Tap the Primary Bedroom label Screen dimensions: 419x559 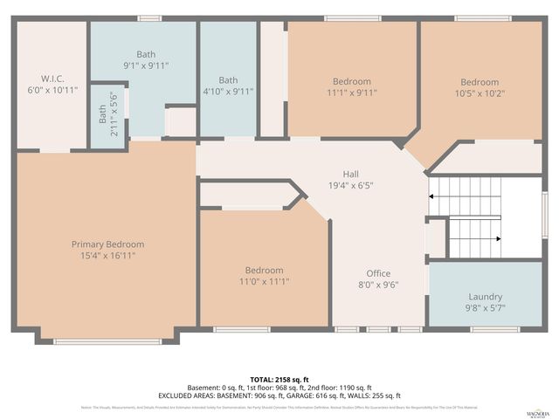107,244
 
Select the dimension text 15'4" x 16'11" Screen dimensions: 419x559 107,256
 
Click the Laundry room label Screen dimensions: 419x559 486,297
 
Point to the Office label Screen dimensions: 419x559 377,273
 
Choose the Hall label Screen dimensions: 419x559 350,174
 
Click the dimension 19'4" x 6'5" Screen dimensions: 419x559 350,185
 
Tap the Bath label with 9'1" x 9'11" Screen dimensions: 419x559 146,54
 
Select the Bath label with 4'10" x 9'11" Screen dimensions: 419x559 228,80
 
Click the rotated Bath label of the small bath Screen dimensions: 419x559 102,113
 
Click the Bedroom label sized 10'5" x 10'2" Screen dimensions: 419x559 480,83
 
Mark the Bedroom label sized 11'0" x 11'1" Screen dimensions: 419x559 264,271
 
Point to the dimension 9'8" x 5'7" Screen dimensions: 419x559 486,308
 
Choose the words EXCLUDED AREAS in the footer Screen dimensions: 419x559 215,395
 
